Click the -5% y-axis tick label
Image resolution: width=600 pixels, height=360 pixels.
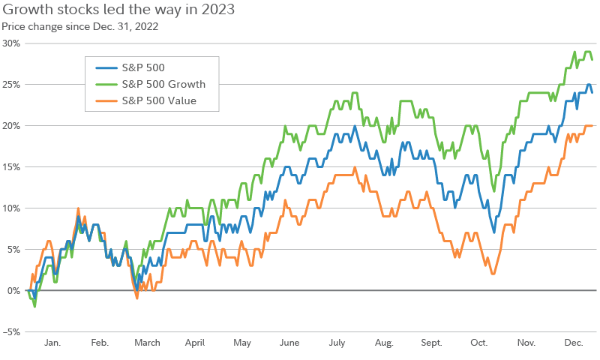[x=10, y=331]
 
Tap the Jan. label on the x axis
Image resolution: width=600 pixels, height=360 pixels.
[x=52, y=343]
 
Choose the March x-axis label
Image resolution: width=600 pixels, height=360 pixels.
[x=147, y=343]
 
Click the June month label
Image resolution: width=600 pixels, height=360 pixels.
[x=289, y=343]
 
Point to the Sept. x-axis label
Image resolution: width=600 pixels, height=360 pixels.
[x=431, y=343]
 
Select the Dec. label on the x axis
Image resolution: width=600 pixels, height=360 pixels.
[x=574, y=343]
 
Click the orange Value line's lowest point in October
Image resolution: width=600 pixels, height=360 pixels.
[x=493, y=274]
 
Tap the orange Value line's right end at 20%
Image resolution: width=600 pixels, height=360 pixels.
[x=592, y=126]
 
